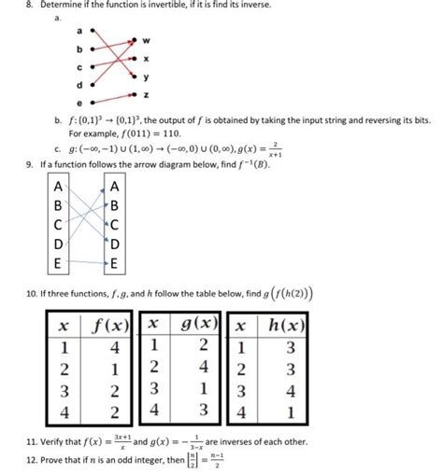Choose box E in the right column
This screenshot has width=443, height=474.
coord(114,263)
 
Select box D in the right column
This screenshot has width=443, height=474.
coord(114,244)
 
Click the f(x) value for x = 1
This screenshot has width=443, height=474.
coord(111,348)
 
